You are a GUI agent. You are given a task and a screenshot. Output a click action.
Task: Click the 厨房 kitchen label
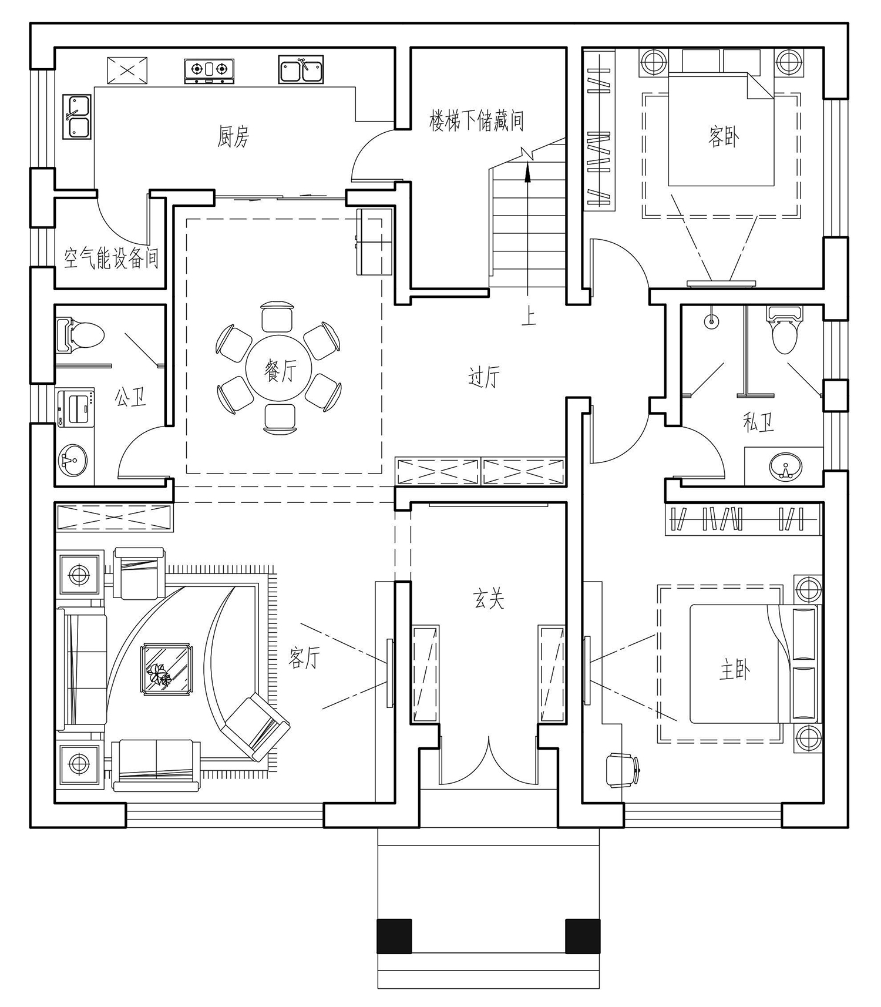point(233,137)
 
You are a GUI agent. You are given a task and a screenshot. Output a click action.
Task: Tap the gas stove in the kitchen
point(209,71)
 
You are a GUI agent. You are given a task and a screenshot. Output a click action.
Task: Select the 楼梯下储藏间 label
point(476,121)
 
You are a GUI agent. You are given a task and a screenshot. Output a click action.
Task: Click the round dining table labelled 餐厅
point(280,370)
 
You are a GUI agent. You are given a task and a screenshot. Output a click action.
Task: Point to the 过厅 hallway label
point(484,377)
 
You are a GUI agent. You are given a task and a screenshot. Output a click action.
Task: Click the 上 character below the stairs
point(529,317)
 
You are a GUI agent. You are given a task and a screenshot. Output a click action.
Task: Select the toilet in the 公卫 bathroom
point(80,335)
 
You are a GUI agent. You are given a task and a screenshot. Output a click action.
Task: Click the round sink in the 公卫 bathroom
point(73,460)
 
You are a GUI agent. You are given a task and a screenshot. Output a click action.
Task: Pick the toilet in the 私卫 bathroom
point(784,331)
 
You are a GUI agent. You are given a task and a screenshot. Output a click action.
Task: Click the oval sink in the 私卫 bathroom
point(785,466)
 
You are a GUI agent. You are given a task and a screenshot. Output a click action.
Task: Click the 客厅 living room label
point(304,659)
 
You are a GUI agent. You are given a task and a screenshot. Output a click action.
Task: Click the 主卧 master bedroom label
point(735,670)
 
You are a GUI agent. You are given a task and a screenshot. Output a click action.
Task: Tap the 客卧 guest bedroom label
point(723,137)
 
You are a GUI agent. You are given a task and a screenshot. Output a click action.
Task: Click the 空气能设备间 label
point(111,258)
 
